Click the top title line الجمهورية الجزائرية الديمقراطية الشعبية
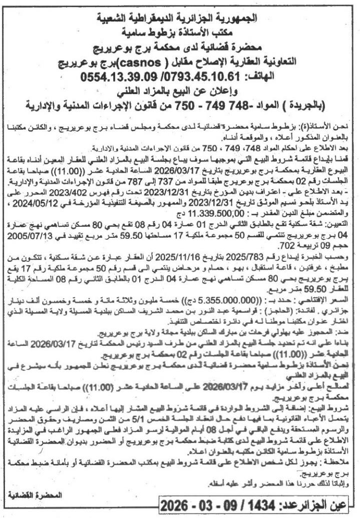click(181, 20)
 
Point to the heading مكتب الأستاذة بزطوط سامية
click(181, 34)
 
